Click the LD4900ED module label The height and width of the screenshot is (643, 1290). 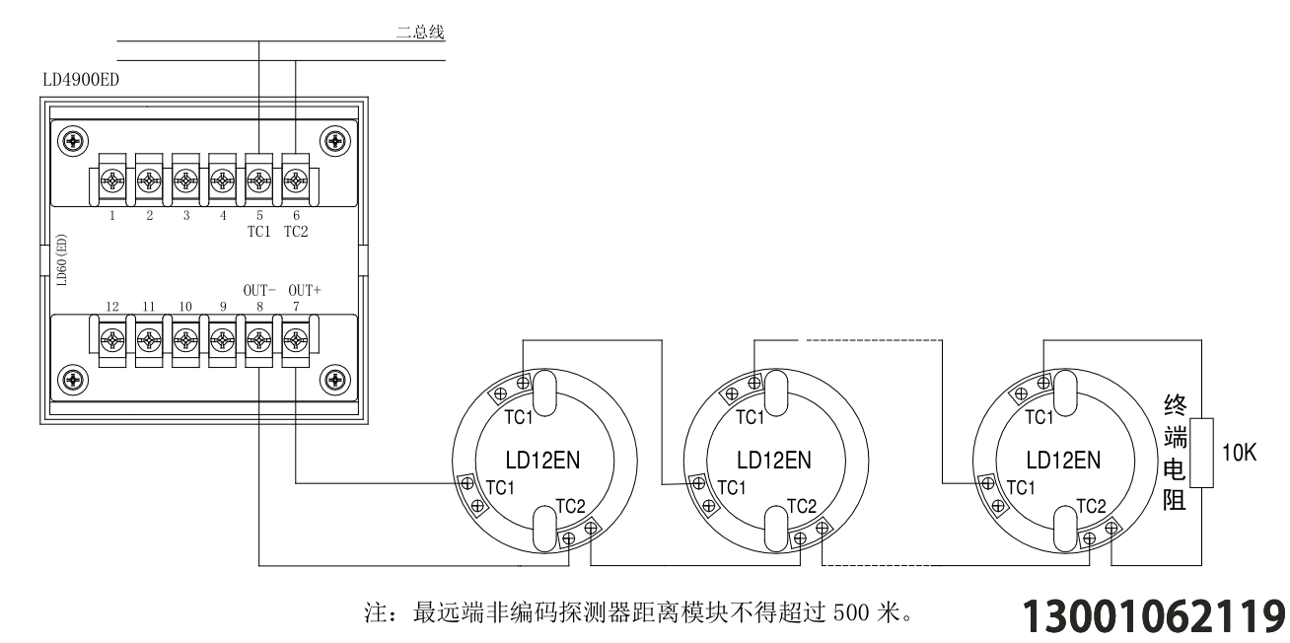[81, 80]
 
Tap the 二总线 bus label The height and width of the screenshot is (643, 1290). [420, 32]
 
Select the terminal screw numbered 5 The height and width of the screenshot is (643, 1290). [259, 181]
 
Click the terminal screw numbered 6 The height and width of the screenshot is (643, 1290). [296, 181]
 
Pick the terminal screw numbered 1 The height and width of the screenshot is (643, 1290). [112, 181]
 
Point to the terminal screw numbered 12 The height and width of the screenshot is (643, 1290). [112, 340]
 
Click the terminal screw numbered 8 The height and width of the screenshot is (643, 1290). [259, 340]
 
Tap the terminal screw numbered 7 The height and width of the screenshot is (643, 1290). [296, 340]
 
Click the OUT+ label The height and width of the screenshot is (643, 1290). [305, 290]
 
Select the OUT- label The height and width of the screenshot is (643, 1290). [259, 290]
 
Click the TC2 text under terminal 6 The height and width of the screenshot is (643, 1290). [296, 232]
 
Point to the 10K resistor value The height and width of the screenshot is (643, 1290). [1240, 453]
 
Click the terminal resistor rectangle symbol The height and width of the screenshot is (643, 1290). [1201, 453]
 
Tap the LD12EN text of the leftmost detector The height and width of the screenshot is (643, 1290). [542, 461]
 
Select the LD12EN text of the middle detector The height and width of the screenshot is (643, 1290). [774, 461]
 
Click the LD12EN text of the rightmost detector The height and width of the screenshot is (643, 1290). [1063, 461]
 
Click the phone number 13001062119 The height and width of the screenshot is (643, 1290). [1154, 616]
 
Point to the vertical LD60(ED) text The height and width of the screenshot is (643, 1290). [62, 260]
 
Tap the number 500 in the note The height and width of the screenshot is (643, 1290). [851, 613]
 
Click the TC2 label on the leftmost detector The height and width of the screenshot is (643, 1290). [570, 506]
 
